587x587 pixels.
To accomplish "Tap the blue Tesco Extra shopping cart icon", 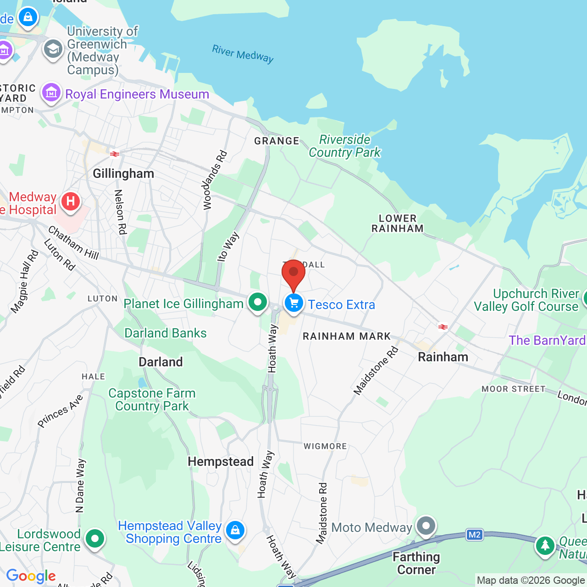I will click(x=294, y=303).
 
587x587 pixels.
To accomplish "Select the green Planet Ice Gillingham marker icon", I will click(x=258, y=302).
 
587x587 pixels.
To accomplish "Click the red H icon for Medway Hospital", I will click(x=70, y=201).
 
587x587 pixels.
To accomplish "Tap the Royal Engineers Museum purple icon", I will click(x=51, y=93).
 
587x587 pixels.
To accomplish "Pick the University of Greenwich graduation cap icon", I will click(x=53, y=49).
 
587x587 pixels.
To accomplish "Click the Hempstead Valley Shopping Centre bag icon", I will click(x=235, y=530).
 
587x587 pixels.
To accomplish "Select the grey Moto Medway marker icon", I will click(x=426, y=526).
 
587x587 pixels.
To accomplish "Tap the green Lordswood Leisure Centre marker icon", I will click(x=95, y=539).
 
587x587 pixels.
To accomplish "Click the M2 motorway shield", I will click(x=475, y=535).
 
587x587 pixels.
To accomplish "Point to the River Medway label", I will click(x=243, y=54).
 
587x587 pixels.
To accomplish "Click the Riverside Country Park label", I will click(x=345, y=146).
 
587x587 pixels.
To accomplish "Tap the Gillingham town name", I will click(x=123, y=174).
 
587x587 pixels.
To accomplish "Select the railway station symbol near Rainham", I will click(x=443, y=327).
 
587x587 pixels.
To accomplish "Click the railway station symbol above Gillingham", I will click(x=115, y=154).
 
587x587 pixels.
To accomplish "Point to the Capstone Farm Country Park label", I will click(x=152, y=399).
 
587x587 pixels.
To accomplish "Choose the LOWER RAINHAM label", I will click(x=398, y=223).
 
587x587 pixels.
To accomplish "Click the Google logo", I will click(x=31, y=576).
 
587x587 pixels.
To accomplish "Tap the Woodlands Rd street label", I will click(x=215, y=180).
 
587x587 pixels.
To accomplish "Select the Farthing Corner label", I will click(x=416, y=563).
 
